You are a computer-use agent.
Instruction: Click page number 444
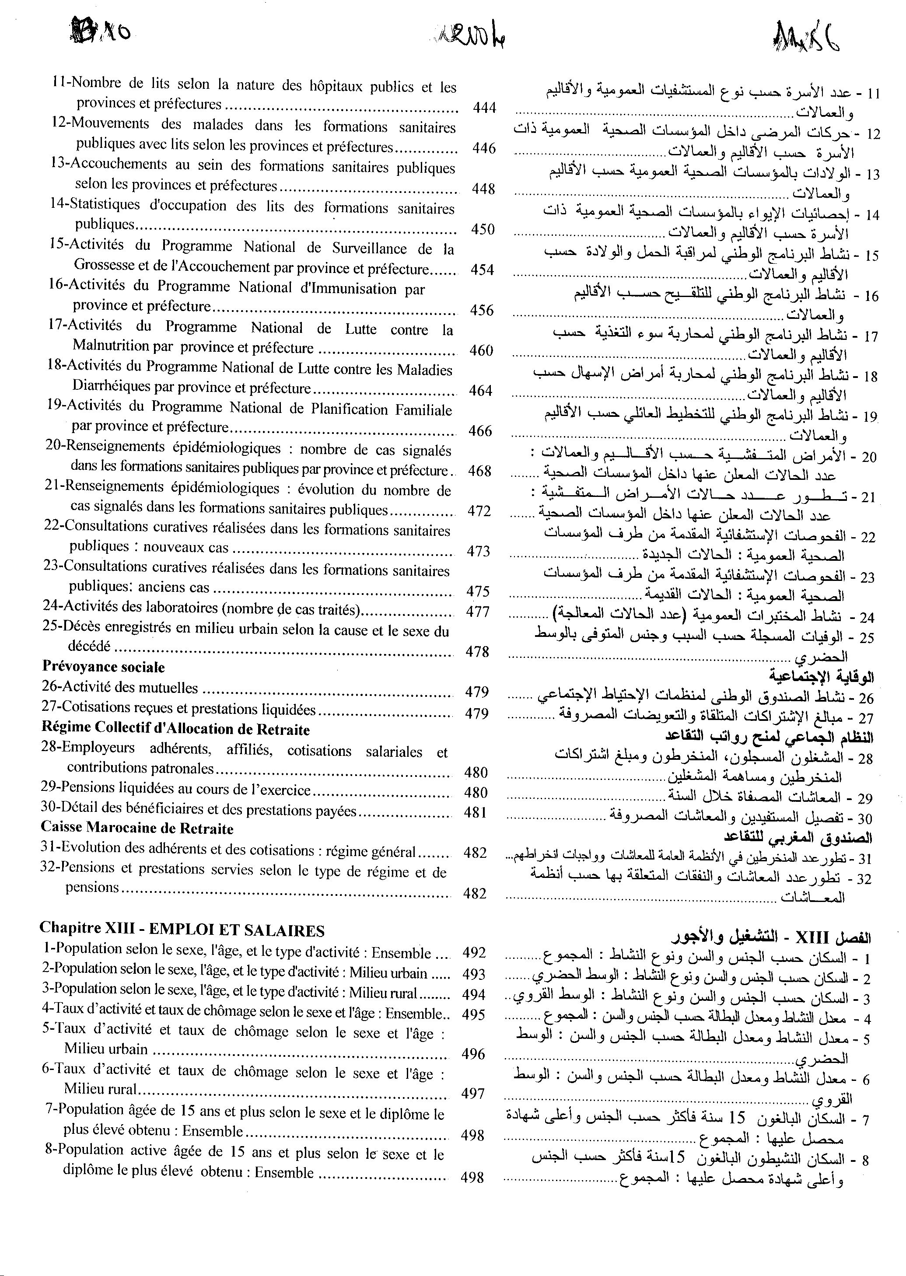[484, 108]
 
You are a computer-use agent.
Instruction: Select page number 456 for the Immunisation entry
[482, 310]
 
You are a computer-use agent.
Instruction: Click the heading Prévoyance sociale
[103, 667]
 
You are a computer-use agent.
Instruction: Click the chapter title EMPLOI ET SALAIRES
[237, 930]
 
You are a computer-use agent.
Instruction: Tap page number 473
[478, 551]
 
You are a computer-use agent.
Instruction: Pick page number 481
[476, 813]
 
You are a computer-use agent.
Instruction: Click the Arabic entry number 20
[869, 457]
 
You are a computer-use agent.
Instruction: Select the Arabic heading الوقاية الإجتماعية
[821, 677]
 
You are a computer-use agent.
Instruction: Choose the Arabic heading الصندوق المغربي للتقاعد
[798, 838]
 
